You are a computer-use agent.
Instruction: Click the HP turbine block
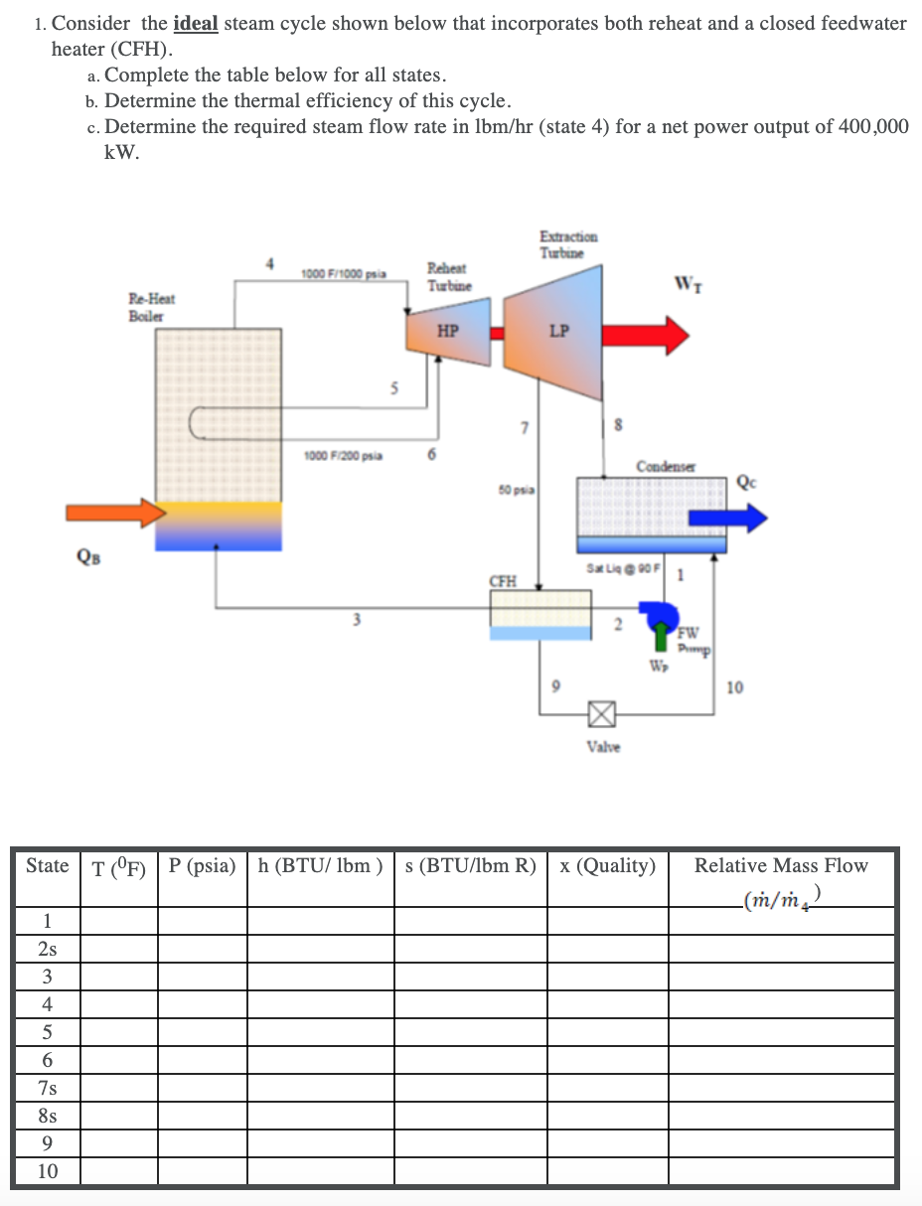coord(447,333)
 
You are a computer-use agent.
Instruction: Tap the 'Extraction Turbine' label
coord(568,244)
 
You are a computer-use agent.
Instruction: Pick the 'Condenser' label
coord(665,466)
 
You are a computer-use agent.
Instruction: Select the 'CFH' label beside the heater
coord(503,581)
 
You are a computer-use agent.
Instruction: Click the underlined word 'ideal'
coord(195,23)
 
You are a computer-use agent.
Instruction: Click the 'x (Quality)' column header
coord(607,865)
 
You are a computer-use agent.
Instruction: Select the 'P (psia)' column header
coord(202,865)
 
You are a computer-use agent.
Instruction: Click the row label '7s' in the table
coord(47,1088)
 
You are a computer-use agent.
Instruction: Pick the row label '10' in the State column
coord(47,1171)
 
